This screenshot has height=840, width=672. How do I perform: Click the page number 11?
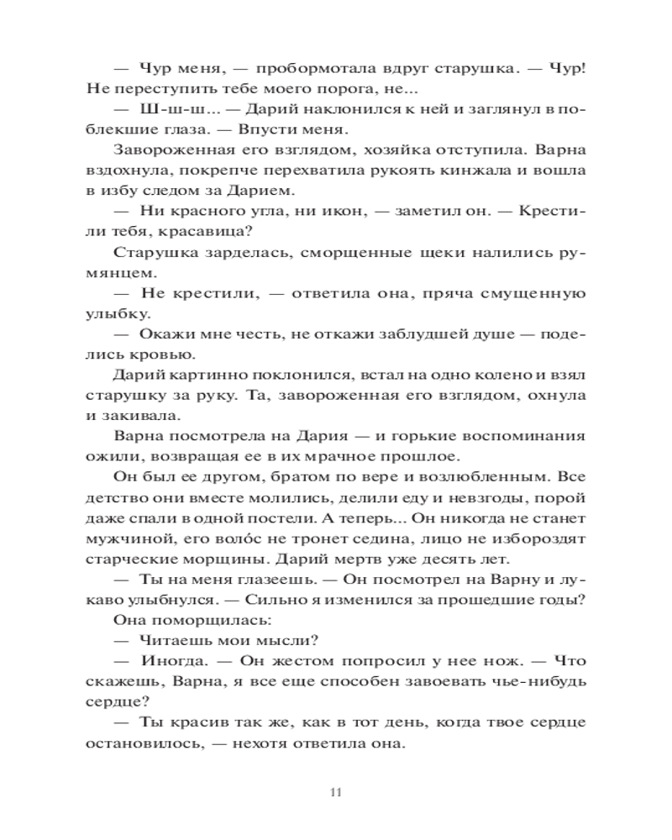335,791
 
